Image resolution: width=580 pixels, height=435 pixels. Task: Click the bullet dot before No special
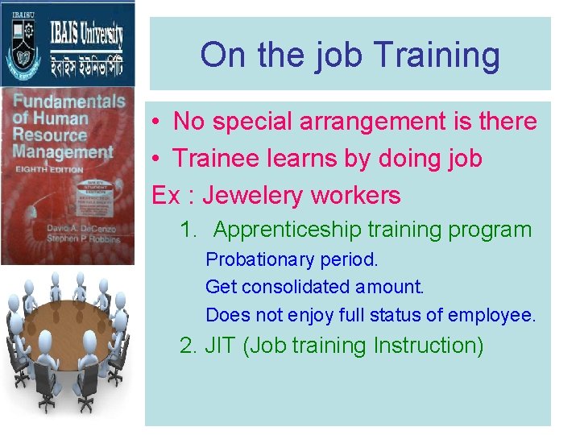click(x=158, y=122)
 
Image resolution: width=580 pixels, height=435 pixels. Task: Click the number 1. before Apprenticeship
click(x=188, y=230)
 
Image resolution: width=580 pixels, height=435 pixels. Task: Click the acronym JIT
click(x=220, y=346)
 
